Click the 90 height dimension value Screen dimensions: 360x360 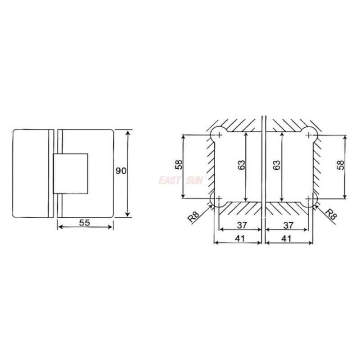(x=121, y=171)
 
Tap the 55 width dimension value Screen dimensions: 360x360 (x=85, y=222)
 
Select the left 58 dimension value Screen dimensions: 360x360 (x=179, y=164)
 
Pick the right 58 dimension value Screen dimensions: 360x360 (x=341, y=165)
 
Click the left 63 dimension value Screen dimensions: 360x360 (x=241, y=165)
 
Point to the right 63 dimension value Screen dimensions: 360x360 (x=277, y=165)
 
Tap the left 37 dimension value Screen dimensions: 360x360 (x=242, y=225)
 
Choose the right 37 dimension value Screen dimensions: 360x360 (x=288, y=225)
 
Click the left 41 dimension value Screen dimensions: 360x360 (x=240, y=238)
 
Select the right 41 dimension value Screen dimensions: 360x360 (x=286, y=238)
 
